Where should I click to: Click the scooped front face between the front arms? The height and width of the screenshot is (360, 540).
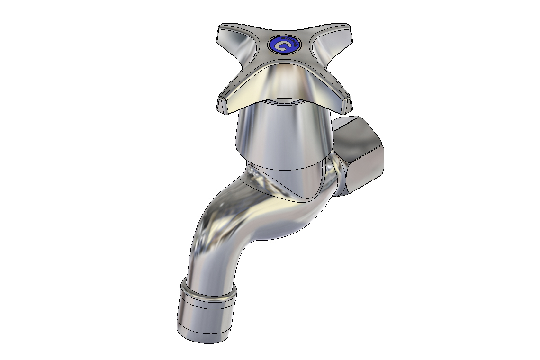(x=284, y=83)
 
